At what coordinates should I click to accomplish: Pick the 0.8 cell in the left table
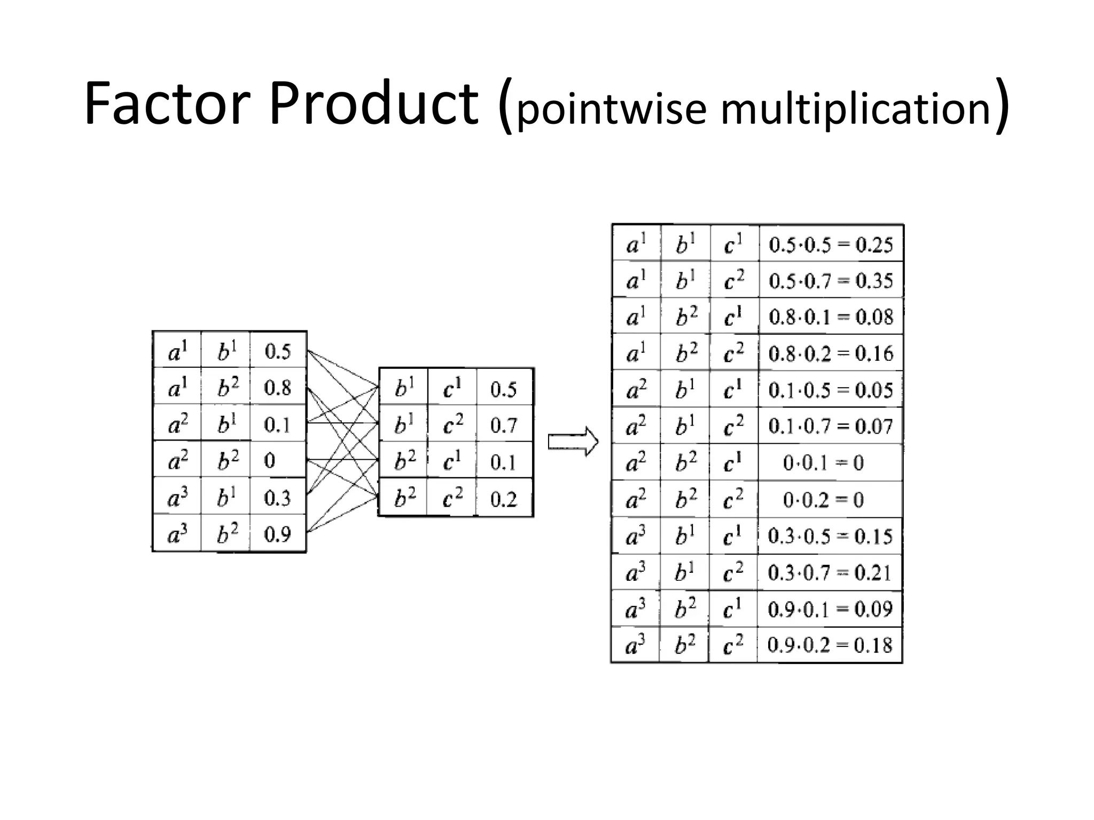278,388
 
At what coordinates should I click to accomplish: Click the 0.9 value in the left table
278,534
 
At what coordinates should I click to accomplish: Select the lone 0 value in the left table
270,460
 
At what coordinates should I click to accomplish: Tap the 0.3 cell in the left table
278,498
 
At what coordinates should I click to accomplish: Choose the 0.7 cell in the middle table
504,425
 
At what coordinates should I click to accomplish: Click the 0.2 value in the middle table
504,499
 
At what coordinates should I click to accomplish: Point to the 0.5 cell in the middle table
504,389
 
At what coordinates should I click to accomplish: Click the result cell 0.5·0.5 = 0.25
831,245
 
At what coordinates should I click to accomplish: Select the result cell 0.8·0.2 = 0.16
831,353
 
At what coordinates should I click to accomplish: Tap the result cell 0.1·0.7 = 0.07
831,426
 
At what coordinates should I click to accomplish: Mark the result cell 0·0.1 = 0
823,462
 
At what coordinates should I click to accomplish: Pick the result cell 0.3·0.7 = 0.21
830,573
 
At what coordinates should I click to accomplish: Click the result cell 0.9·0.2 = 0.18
830,645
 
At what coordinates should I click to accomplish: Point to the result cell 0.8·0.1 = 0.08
831,317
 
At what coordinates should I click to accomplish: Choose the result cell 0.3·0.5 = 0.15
830,536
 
